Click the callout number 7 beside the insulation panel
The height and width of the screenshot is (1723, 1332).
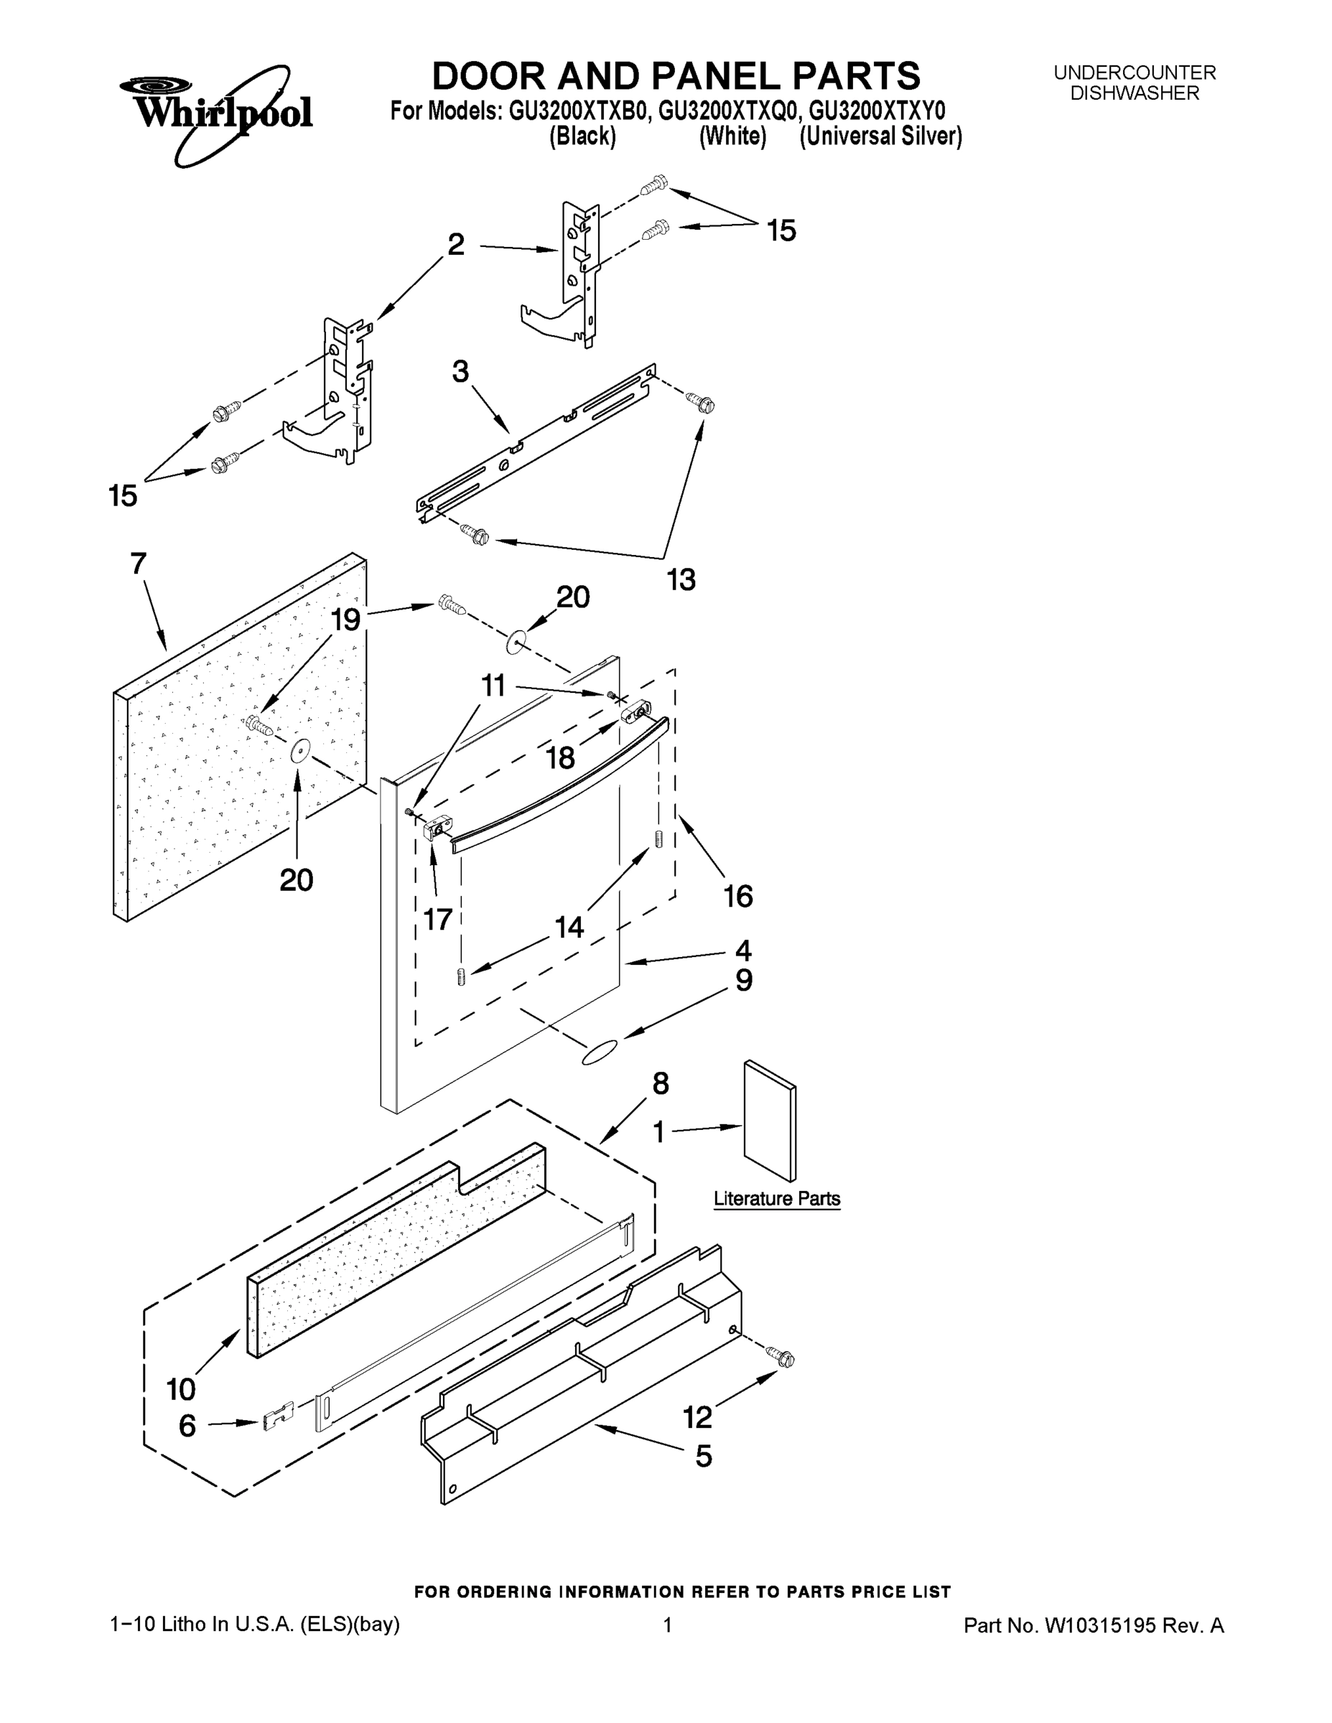[x=138, y=564]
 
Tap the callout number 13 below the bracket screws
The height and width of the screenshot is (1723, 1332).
[x=681, y=580]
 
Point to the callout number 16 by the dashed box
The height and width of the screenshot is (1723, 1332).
[x=739, y=896]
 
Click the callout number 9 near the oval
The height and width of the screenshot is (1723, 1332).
[x=743, y=981]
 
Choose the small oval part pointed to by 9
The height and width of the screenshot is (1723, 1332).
[x=599, y=1052]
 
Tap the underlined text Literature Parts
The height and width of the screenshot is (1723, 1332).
[x=776, y=1198]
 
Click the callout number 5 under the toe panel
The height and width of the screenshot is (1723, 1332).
[x=703, y=1455]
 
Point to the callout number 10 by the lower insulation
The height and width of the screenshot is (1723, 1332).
[x=181, y=1388]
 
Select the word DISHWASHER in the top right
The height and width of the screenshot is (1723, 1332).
[x=1134, y=93]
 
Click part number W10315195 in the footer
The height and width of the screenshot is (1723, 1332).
[x=1100, y=1625]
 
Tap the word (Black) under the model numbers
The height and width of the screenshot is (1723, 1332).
[x=582, y=136]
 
